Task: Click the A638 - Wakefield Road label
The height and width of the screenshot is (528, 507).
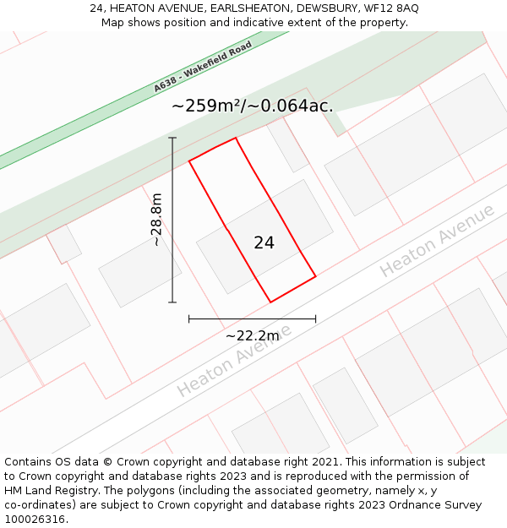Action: point(203,68)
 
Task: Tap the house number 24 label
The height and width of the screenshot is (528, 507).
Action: point(264,242)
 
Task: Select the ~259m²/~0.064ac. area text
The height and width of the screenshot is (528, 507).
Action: point(252,106)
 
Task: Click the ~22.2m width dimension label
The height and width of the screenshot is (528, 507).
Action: point(252,335)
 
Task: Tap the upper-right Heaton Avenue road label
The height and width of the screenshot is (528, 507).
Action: point(437,241)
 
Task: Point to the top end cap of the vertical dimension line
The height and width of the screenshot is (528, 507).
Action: point(172,138)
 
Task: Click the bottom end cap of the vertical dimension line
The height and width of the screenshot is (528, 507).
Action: point(172,302)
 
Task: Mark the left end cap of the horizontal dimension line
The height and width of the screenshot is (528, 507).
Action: point(189,318)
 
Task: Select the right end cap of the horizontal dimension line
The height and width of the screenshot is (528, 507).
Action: point(315,318)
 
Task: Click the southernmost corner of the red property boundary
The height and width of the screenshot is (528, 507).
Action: point(270,302)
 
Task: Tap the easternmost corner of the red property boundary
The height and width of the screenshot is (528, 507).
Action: point(315,275)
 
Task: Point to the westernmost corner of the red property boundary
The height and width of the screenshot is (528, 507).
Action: point(189,160)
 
